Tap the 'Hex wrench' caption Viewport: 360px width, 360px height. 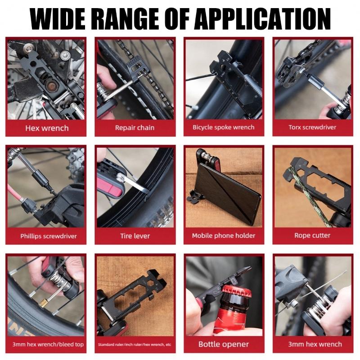pyautogui.click(x=47, y=128)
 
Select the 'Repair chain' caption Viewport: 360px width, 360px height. pyautogui.click(x=135, y=128)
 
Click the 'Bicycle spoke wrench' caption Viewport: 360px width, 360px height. pyautogui.click(x=224, y=127)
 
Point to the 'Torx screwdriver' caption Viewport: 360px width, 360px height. pyautogui.click(x=312, y=127)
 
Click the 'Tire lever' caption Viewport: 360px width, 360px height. pyautogui.click(x=135, y=236)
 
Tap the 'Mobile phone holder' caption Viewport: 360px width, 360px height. pyautogui.click(x=224, y=236)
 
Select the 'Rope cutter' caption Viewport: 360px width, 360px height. pyautogui.click(x=312, y=235)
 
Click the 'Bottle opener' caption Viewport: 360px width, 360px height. pyautogui.click(x=224, y=344)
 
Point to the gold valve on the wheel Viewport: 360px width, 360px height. pyautogui.click(x=44, y=304)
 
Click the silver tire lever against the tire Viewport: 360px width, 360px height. pyautogui.click(x=138, y=184)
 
